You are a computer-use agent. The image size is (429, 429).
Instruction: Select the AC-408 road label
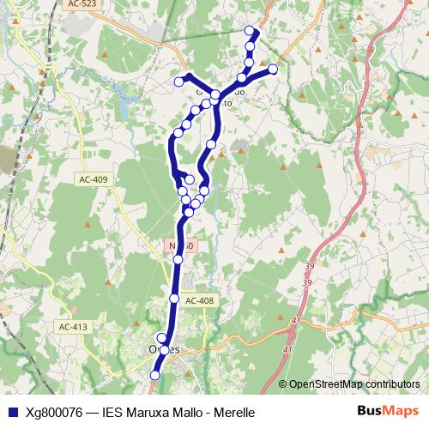[198, 300]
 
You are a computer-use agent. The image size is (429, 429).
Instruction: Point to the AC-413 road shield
[74, 327]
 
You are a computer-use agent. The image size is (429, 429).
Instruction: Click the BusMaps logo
[388, 411]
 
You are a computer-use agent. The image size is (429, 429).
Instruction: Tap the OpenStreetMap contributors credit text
[354, 384]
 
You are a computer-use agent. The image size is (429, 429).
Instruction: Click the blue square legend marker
[11, 412]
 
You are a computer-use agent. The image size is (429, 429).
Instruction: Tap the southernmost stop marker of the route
[155, 375]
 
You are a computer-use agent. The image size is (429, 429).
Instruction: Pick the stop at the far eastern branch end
[273, 69]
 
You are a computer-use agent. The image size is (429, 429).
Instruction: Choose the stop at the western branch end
[179, 82]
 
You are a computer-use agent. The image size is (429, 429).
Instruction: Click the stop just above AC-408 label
[174, 298]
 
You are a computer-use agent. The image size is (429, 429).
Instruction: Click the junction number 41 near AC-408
[296, 320]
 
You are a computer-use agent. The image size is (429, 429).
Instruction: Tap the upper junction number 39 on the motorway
[309, 267]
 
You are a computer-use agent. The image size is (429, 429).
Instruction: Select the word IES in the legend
[112, 412]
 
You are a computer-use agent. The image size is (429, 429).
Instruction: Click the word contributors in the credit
[390, 384]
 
